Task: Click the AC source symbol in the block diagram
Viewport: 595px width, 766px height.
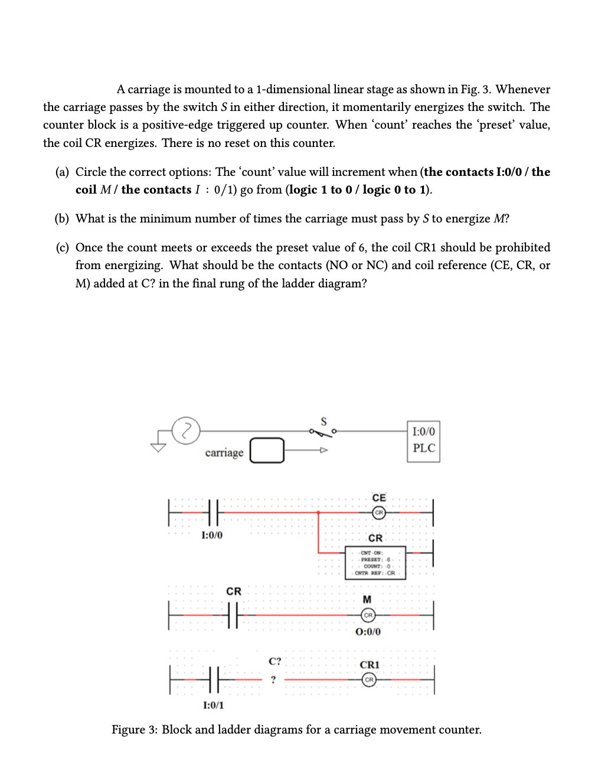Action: (x=186, y=429)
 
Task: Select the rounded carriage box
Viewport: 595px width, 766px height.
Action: (x=267, y=450)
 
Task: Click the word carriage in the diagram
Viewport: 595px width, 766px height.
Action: (x=224, y=453)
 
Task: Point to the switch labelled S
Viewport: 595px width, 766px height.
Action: (x=322, y=431)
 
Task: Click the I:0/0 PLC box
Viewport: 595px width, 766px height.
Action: (x=424, y=441)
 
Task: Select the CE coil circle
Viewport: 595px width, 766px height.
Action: (x=379, y=512)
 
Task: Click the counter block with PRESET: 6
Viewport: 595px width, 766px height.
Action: (x=375, y=563)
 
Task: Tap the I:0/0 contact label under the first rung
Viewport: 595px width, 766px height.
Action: (x=212, y=535)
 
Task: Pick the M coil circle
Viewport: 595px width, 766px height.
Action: (x=368, y=615)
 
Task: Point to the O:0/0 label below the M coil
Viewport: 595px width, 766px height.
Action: (x=368, y=631)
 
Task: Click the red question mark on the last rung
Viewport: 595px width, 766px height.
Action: (x=273, y=680)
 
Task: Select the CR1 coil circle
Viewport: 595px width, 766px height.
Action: (x=369, y=680)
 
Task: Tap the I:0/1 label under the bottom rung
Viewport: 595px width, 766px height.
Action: (x=213, y=705)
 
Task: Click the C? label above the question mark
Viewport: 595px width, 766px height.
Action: (x=275, y=661)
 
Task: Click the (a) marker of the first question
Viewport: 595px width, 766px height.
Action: (x=62, y=172)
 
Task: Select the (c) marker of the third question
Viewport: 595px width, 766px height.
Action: (x=62, y=248)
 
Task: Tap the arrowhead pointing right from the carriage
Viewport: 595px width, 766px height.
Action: (x=323, y=450)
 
